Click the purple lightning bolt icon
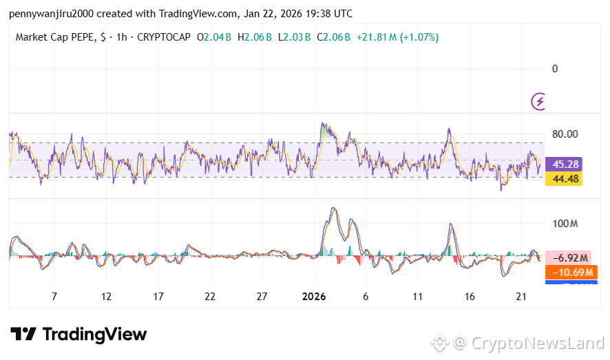(539, 102)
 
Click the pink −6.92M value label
(569, 257)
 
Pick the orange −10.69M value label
(569, 271)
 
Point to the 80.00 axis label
(565, 134)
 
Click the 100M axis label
(565, 224)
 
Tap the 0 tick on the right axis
(555, 69)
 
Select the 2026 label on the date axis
(313, 296)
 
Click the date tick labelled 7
(54, 296)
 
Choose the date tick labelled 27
(262, 296)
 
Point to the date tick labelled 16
(470, 296)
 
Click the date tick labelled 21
(521, 296)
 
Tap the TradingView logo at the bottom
(78, 335)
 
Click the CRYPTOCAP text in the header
(165, 36)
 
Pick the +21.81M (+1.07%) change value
(397, 36)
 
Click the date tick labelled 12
(106, 296)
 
